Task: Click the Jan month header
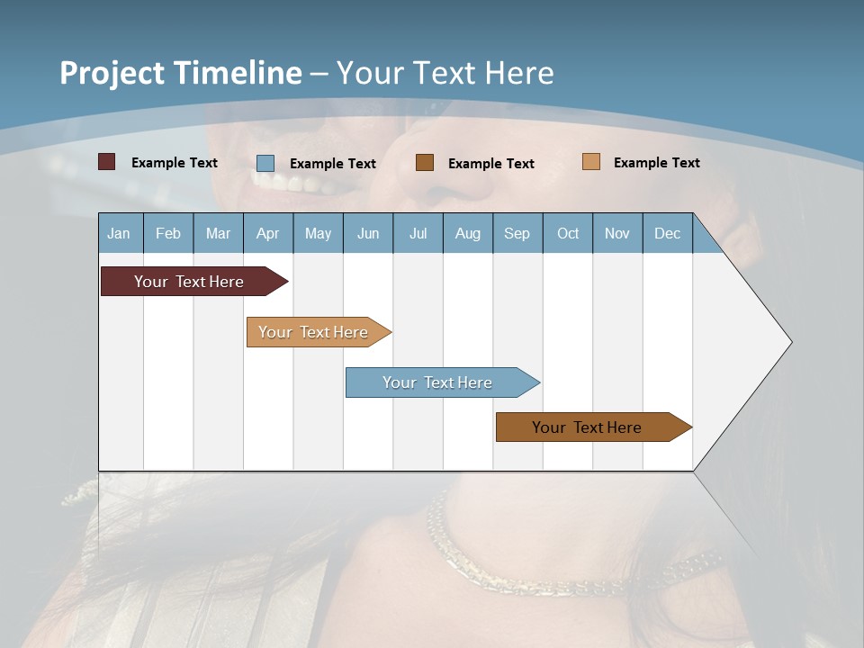click(120, 233)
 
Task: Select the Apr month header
click(268, 233)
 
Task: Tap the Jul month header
click(418, 233)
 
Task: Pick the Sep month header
click(517, 233)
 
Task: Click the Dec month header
click(667, 233)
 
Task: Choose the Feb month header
click(168, 233)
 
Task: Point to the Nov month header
click(617, 233)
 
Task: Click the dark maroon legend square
click(107, 162)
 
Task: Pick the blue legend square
click(265, 163)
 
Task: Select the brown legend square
click(425, 162)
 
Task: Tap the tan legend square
click(591, 162)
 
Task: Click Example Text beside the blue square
click(333, 164)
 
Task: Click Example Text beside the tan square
click(657, 163)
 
